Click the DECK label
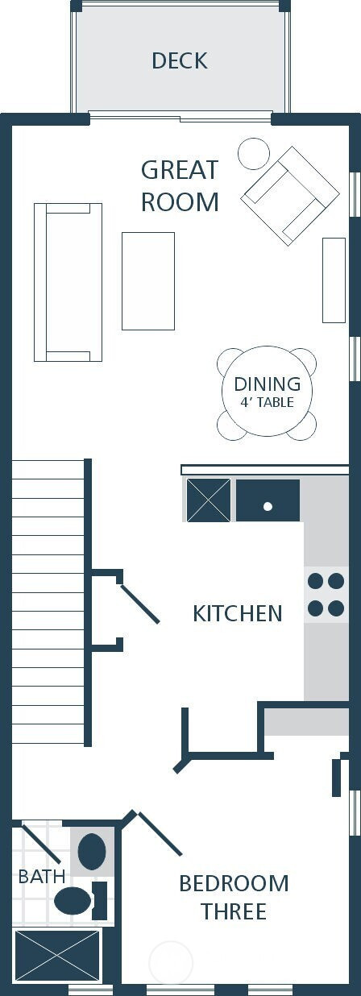coord(180,61)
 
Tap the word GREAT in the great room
coord(180,170)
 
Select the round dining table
coord(267,392)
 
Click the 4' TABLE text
coord(267,402)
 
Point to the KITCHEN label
coord(238,613)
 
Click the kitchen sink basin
coord(268,500)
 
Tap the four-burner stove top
coord(326,595)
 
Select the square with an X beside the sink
coord(209,500)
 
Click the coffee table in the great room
coord(148,281)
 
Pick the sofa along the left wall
coord(68,282)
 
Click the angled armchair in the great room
coord(290,196)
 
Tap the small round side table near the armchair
coord(254,153)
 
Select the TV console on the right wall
coord(334,280)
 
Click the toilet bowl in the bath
coord(73,900)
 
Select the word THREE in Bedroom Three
coord(234,911)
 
